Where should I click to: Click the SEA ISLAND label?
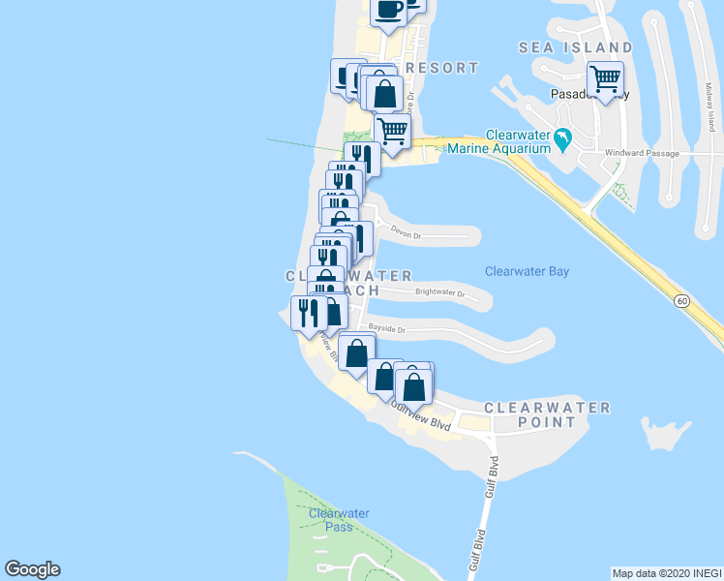[x=575, y=47]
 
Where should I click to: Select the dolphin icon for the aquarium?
[x=562, y=143]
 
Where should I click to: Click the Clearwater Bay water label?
[x=527, y=272]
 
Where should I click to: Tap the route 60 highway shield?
[x=682, y=302]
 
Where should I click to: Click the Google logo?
[x=32, y=569]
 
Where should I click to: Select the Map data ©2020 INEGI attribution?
[x=666, y=572]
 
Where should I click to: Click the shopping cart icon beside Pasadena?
[x=606, y=78]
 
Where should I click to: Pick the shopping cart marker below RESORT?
[x=391, y=130]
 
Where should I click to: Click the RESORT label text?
[x=442, y=68]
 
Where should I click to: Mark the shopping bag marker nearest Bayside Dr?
[x=356, y=352]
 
